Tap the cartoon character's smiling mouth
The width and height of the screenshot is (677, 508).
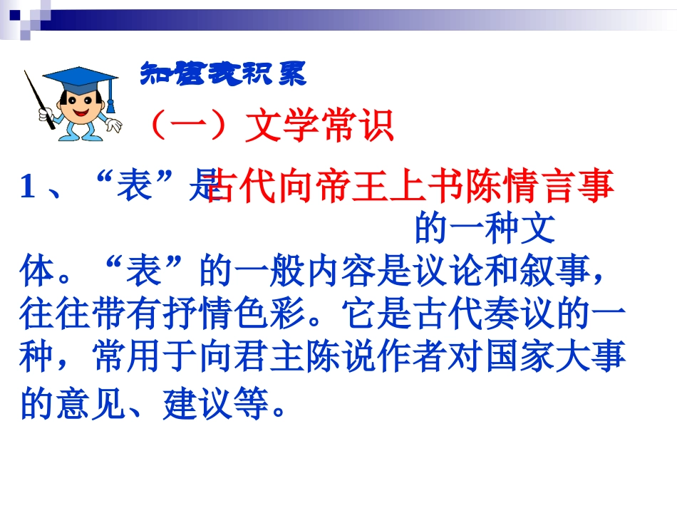click(78, 117)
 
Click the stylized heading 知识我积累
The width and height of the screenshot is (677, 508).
click(223, 73)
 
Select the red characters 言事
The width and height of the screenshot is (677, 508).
click(577, 187)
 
